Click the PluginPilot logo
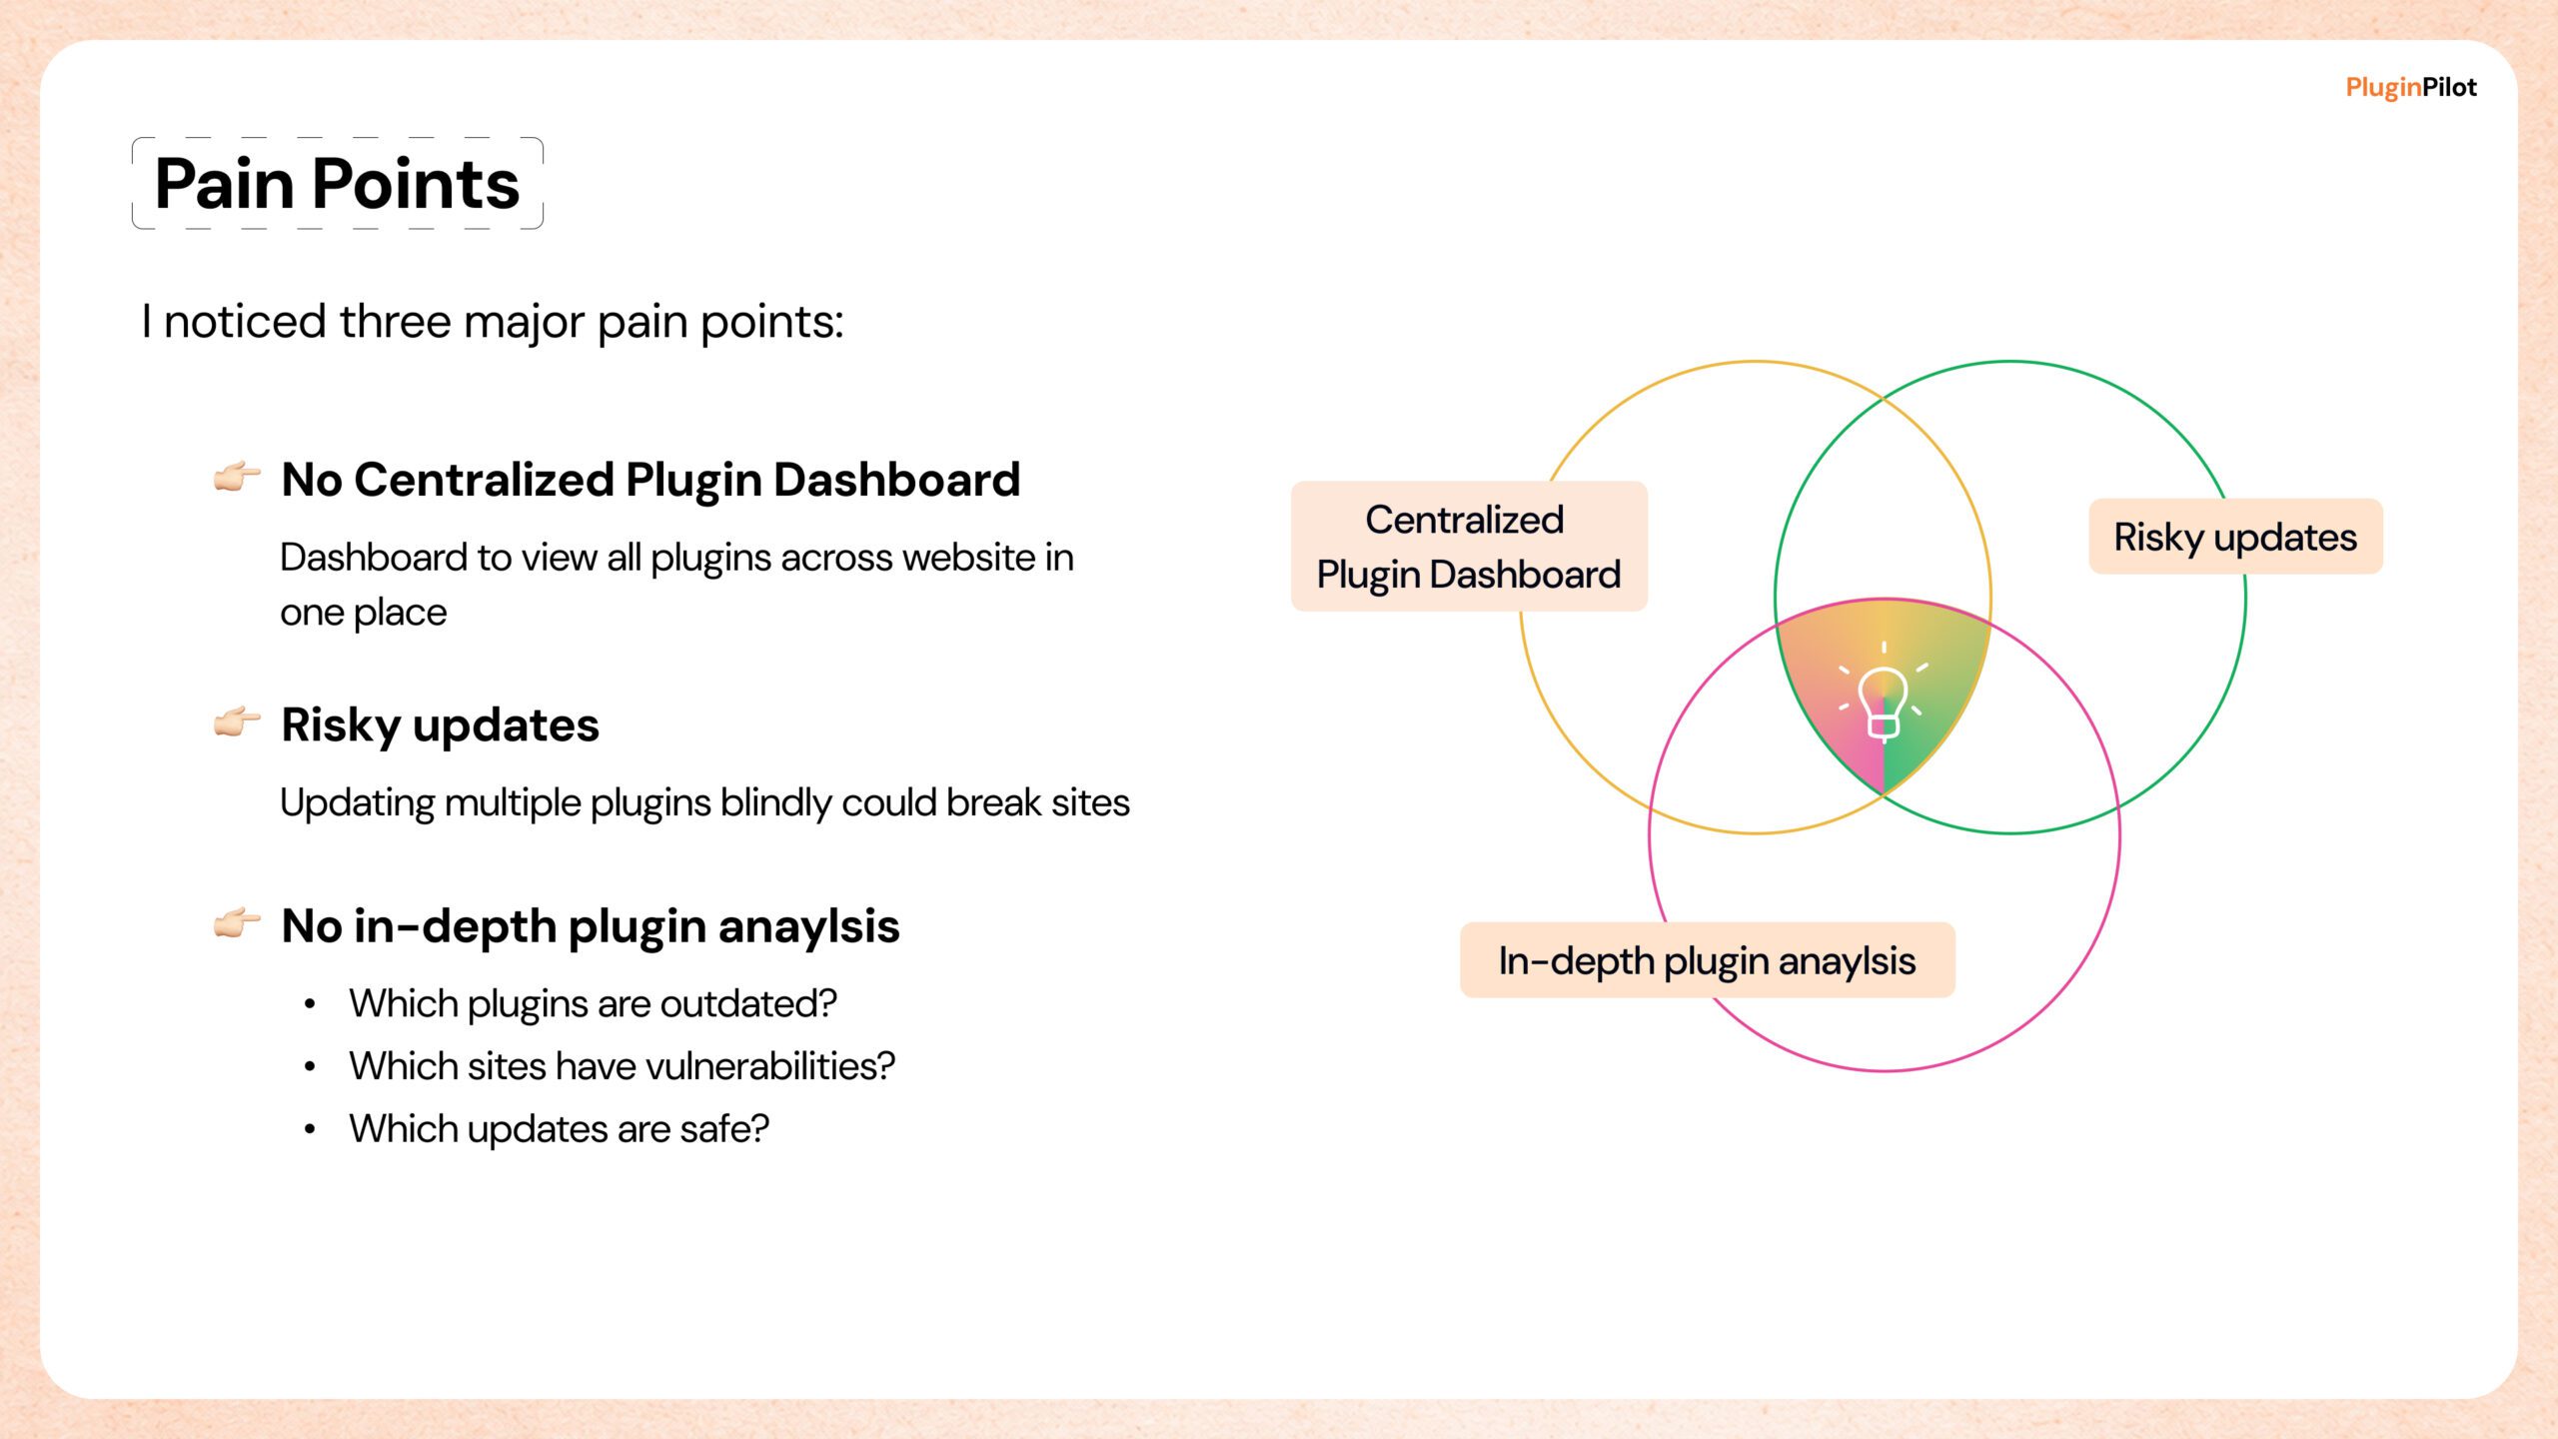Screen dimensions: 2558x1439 pos(2410,88)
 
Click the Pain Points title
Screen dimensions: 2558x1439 pos(338,184)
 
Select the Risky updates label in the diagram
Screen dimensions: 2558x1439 pos(2235,537)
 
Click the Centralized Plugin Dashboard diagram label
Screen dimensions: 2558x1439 pos(1469,547)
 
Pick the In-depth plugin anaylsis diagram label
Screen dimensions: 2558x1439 pos(1707,960)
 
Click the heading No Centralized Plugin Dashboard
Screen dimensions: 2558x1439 pos(650,480)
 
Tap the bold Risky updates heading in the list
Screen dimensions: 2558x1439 pos(440,725)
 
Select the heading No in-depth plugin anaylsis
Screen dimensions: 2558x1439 pos(591,926)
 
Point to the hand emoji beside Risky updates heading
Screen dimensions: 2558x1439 pos(237,721)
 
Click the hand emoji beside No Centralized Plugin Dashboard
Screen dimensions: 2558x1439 pos(237,476)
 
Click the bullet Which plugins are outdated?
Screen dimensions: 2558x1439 pos(593,1004)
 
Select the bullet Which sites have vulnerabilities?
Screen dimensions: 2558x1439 pos(622,1066)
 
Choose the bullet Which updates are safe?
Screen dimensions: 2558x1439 pos(559,1129)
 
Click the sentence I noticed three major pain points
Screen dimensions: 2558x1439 pos(493,322)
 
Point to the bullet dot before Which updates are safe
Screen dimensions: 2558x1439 pos(310,1130)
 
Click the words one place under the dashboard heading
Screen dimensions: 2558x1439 pos(363,614)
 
